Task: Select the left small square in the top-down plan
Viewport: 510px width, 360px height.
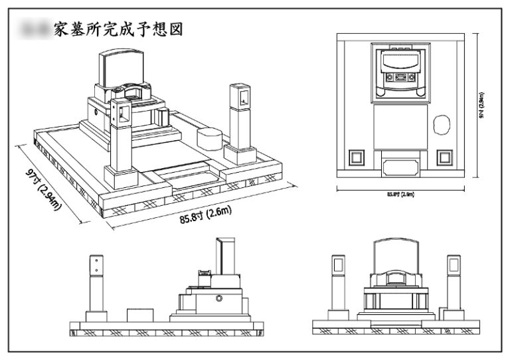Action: coord(356,157)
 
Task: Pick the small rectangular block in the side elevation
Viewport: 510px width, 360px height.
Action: coord(139,315)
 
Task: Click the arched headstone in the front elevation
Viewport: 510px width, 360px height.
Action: coord(397,256)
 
